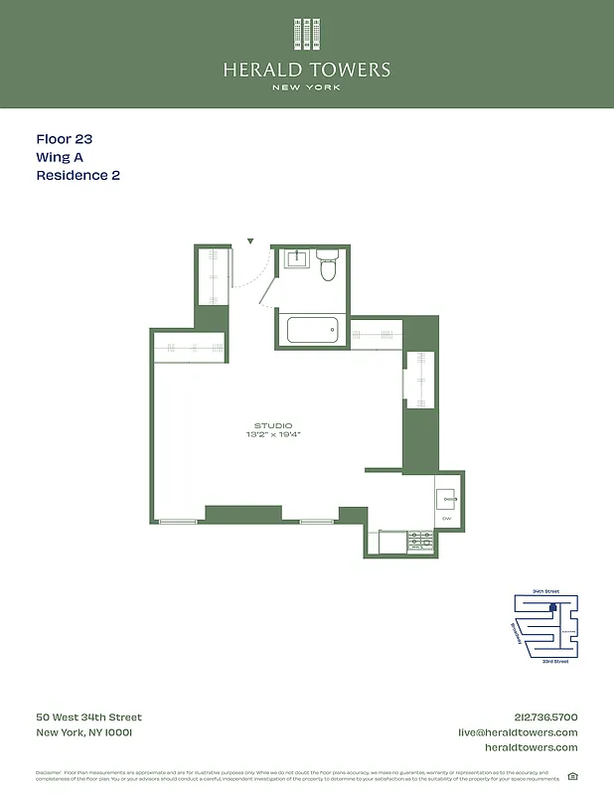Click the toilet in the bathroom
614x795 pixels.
click(x=329, y=266)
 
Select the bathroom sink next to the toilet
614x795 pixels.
click(x=296, y=260)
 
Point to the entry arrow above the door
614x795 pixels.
click(x=250, y=240)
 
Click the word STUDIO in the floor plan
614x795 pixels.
click(x=273, y=425)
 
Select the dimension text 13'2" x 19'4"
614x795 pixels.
click(x=273, y=435)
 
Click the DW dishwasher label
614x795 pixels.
click(x=447, y=519)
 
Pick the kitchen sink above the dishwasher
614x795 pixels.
click(x=448, y=498)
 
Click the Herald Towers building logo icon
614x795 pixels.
click(x=307, y=34)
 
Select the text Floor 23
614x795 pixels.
click(x=65, y=140)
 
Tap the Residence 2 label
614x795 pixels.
click(x=78, y=176)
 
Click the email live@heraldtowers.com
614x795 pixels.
click(x=518, y=732)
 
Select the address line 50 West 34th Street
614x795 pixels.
click(x=89, y=717)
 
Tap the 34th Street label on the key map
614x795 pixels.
click(x=545, y=591)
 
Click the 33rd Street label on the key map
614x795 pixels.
click(x=554, y=661)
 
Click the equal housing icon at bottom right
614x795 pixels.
click(x=571, y=776)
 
